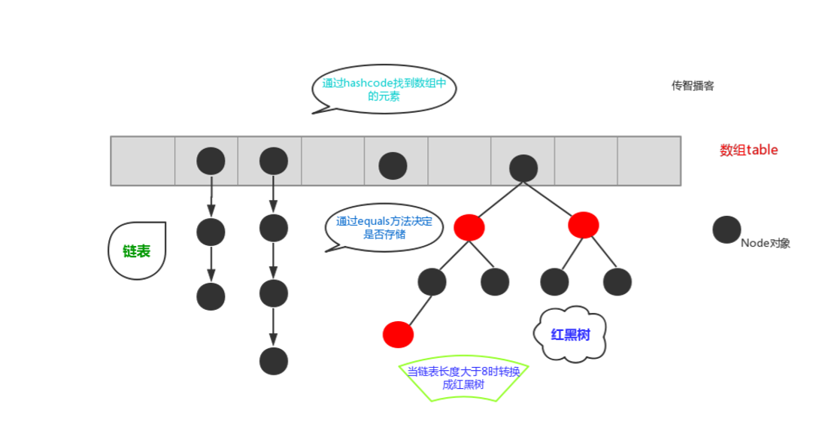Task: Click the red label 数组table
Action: click(748, 150)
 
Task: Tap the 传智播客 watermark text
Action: click(693, 86)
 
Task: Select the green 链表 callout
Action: click(136, 251)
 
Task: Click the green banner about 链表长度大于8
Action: click(463, 378)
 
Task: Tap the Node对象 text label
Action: click(765, 243)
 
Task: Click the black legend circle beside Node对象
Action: click(726, 229)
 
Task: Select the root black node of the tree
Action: click(523, 168)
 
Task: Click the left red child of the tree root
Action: click(469, 226)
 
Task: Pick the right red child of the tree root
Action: click(584, 224)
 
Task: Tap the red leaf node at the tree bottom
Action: click(398, 334)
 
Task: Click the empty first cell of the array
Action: click(143, 160)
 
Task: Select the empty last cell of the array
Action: click(649, 160)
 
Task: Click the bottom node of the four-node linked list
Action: click(273, 361)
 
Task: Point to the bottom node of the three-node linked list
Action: click(211, 296)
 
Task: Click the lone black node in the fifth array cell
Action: click(393, 165)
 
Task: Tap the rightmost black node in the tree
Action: click(617, 281)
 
